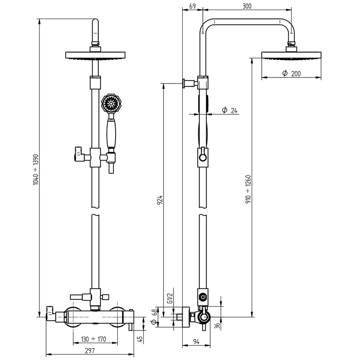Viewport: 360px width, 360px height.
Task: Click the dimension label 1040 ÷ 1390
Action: pyautogui.click(x=36, y=169)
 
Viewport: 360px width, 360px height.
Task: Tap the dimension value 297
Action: pyautogui.click(x=89, y=351)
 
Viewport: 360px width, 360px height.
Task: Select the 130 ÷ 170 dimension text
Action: pyautogui.click(x=94, y=339)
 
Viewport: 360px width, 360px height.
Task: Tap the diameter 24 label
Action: pyautogui.click(x=229, y=111)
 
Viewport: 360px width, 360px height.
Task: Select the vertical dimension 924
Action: pyautogui.click(x=160, y=199)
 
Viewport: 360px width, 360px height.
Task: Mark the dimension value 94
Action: pyautogui.click(x=196, y=342)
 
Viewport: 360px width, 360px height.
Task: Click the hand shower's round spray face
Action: pyautogui.click(x=111, y=103)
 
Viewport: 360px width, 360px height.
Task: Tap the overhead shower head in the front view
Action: pyautogui.click(x=96, y=55)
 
